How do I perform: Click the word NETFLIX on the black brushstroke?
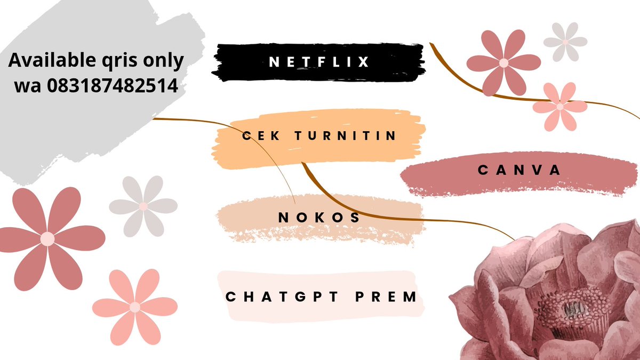pos(319,62)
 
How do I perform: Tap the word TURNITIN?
pos(346,135)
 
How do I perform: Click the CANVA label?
pos(519,170)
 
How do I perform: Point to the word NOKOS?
pos(319,218)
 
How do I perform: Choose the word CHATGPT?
pos(282,297)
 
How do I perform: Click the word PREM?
pos(386,297)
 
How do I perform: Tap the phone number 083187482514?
pos(113,85)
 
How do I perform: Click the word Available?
pos(52,60)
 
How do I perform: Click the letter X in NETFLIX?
pos(363,62)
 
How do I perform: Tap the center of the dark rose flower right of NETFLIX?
pos(503,63)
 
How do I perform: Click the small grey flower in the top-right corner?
pos(565,42)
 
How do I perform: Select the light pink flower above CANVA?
pos(560,107)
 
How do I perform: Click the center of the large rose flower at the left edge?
pos(47,239)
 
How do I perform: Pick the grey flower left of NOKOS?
pos(143,206)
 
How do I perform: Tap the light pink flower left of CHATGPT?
pos(135,307)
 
